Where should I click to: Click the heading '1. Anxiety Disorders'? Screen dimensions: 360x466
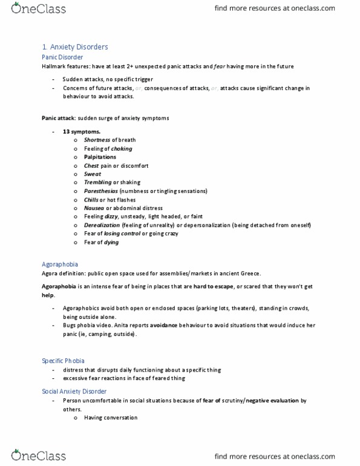(x=75, y=47)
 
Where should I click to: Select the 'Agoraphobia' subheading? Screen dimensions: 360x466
(x=60, y=264)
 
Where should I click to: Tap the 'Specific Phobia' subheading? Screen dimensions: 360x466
(x=63, y=361)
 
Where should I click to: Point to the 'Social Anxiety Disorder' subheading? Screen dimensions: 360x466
(x=74, y=392)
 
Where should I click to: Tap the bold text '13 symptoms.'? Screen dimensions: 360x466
(x=82, y=131)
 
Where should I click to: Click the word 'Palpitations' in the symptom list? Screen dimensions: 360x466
(x=100, y=157)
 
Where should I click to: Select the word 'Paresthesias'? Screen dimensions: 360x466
(x=101, y=191)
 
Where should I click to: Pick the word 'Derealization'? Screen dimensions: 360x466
(x=102, y=225)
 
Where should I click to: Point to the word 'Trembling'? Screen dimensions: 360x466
(x=98, y=182)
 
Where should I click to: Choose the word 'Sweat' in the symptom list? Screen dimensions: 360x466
(x=93, y=174)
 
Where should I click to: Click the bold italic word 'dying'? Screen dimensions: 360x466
(x=111, y=242)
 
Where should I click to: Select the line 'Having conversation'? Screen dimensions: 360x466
(x=111, y=418)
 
